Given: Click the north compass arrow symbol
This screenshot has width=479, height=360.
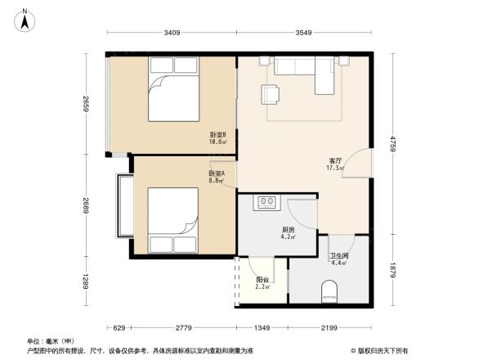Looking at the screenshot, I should pos(26,19).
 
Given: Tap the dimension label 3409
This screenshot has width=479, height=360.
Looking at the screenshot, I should pos(171,34).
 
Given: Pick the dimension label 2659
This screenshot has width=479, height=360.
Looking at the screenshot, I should pos(85,104).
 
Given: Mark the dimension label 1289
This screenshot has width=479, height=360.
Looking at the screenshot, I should pos(85,284).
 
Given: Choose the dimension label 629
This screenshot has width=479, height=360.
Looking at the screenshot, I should pos(119,327).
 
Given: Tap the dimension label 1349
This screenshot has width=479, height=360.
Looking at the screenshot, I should pos(262,327).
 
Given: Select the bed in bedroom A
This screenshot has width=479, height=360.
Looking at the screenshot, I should pos(172,221).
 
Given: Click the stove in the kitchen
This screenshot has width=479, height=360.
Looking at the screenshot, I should pos(267,201).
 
